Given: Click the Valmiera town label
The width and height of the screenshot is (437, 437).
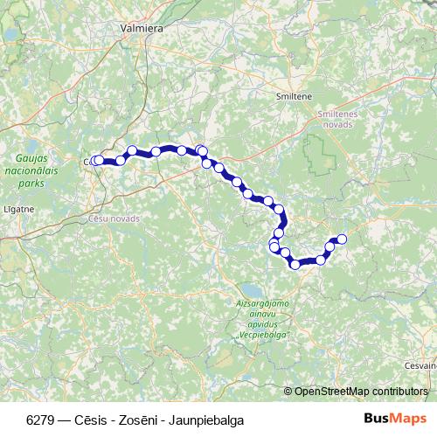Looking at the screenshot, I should point(143,28).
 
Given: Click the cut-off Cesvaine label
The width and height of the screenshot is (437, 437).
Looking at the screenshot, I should point(422,365).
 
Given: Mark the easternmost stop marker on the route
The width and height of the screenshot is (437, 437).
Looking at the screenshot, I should point(342,239).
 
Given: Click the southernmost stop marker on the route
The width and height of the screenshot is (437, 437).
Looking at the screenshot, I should point(296,264).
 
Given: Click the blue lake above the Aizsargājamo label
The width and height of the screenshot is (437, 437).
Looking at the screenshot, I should point(251,288).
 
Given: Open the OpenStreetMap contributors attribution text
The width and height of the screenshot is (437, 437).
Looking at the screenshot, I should point(361,391).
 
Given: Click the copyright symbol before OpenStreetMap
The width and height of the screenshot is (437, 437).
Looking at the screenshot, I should point(288,391).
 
